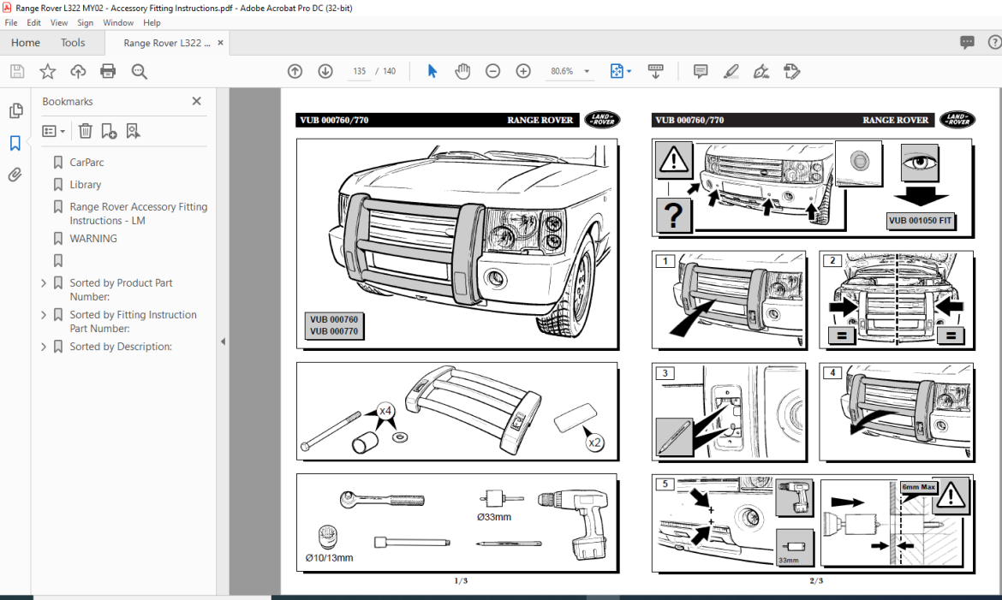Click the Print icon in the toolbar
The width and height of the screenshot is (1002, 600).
pos(108,71)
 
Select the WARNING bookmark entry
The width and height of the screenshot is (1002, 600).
pos(93,239)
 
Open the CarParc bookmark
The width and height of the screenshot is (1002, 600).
pos(86,162)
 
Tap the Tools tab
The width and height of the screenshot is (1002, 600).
pos(73,43)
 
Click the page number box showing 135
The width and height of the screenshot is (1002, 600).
pos(359,71)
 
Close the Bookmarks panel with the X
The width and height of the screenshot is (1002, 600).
pos(196,101)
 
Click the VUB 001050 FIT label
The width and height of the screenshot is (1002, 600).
pos(921,220)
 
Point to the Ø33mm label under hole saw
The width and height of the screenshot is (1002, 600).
pos(494,517)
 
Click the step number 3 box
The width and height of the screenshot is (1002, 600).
pos(665,373)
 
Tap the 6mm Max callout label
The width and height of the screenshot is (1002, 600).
pos(916,487)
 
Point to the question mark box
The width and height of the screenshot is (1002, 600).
pos(673,216)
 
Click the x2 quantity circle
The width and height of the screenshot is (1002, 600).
pos(593,443)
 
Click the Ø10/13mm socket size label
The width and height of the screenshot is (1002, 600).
pos(329,557)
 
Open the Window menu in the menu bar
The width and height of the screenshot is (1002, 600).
pos(118,23)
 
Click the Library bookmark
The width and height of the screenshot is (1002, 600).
pos(85,184)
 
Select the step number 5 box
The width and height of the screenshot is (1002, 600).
pos(665,484)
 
